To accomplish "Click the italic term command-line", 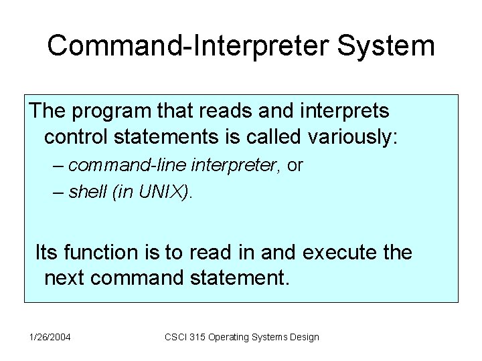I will [116, 166].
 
